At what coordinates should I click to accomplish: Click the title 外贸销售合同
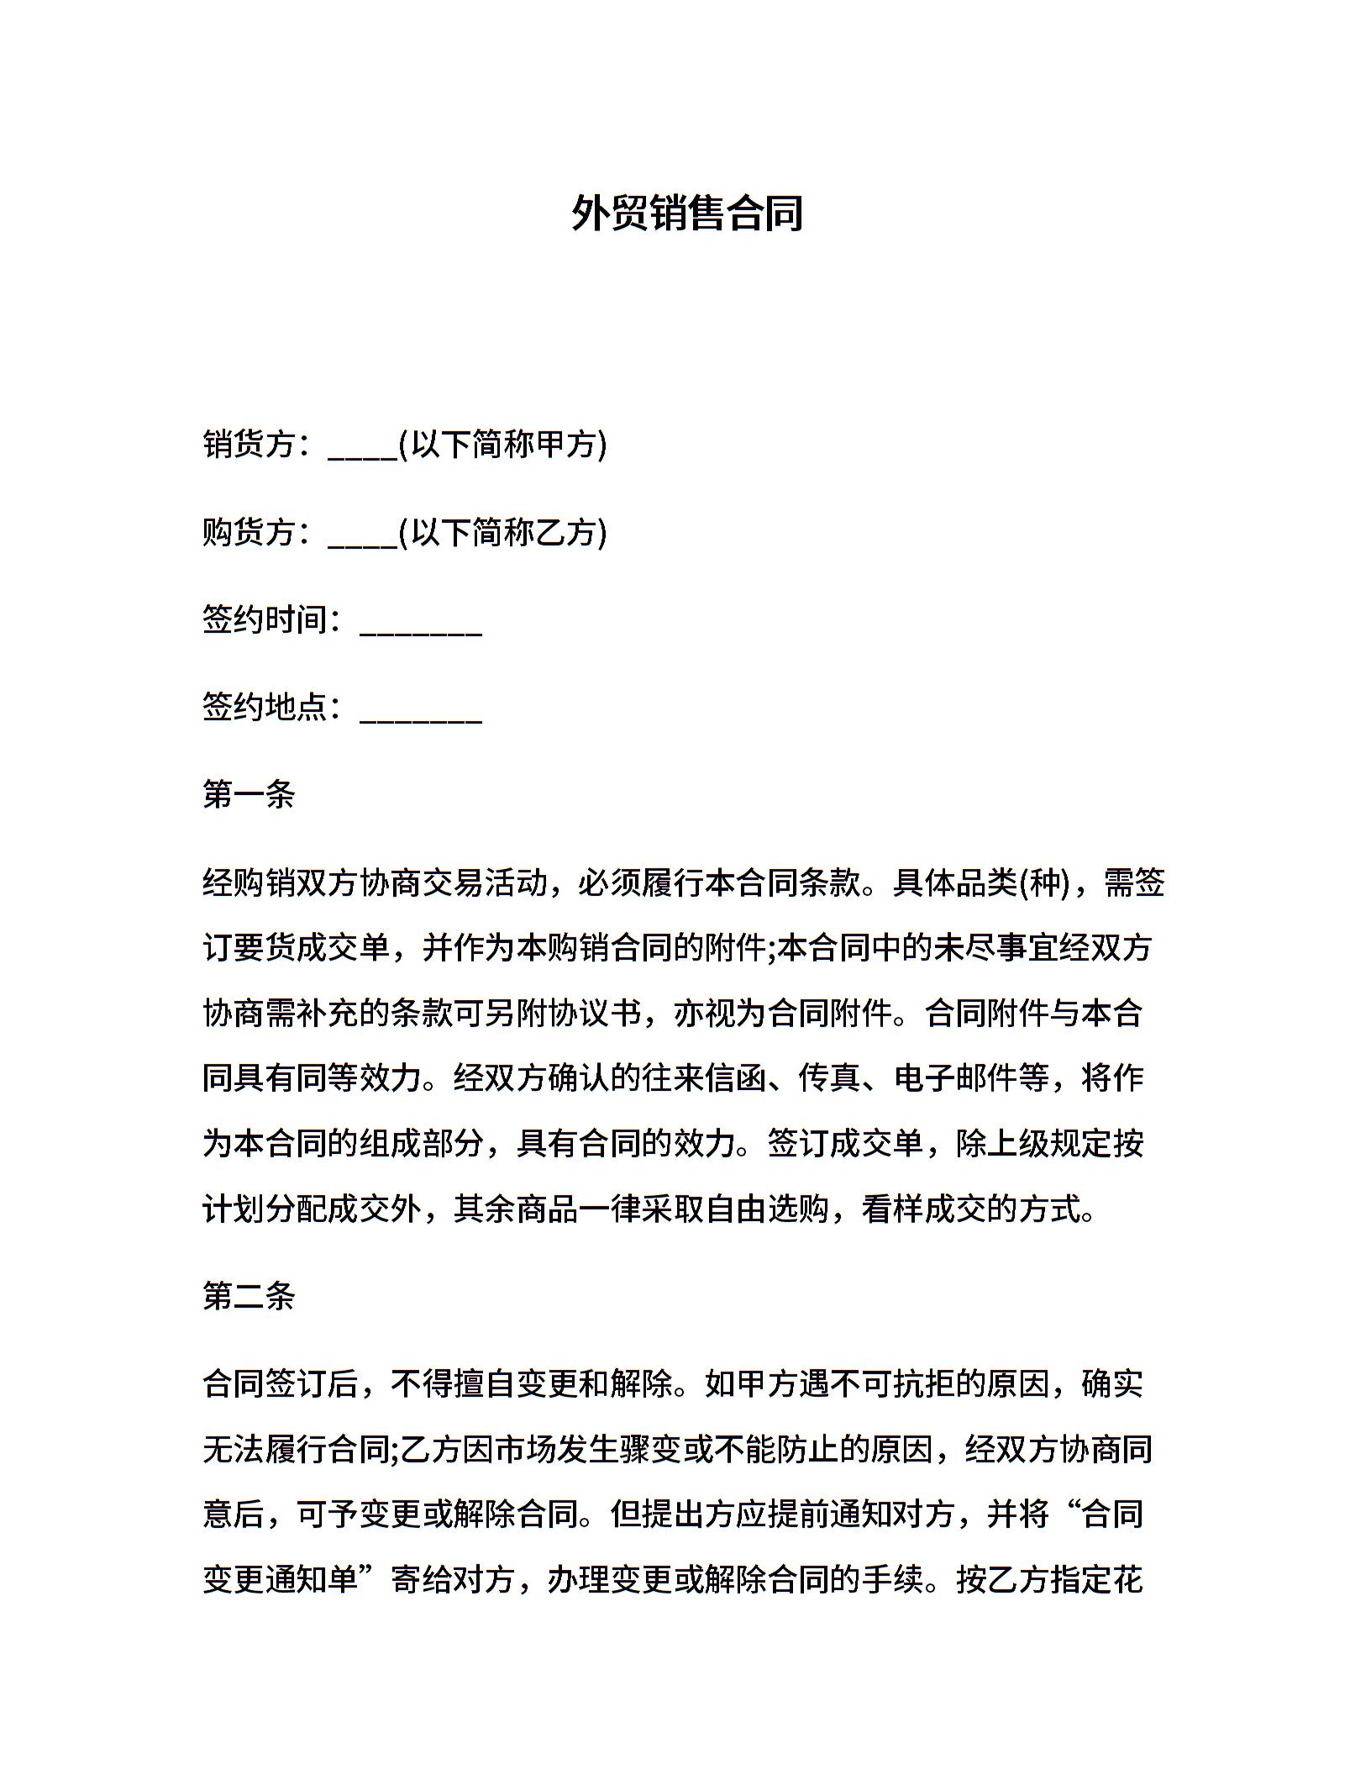(x=686, y=213)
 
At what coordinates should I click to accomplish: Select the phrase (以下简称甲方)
(x=502, y=444)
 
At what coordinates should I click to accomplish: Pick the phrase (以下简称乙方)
(x=502, y=532)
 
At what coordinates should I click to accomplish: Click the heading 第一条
(x=249, y=794)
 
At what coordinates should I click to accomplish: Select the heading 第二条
(x=249, y=1296)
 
